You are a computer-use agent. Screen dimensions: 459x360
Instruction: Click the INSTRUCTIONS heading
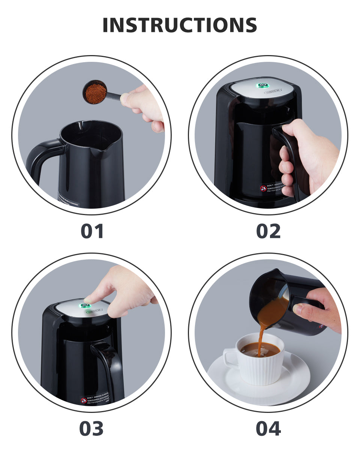(180, 25)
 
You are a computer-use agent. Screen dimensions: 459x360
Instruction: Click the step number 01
(92, 231)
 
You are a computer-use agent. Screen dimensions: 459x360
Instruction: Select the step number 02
(268, 231)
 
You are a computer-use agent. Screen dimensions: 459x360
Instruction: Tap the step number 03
(91, 429)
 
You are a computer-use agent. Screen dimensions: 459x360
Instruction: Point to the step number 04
(268, 429)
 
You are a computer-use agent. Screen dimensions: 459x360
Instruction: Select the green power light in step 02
(261, 85)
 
